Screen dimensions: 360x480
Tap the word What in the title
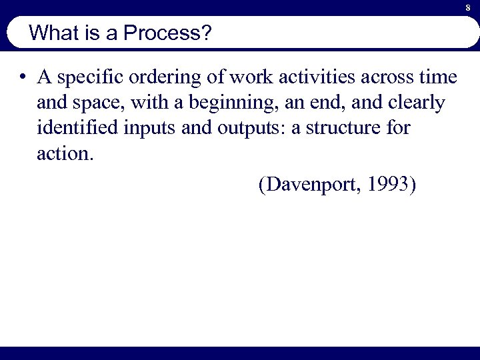pos(52,33)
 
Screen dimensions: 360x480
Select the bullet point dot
pos(23,78)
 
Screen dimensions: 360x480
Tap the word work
pos(253,78)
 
